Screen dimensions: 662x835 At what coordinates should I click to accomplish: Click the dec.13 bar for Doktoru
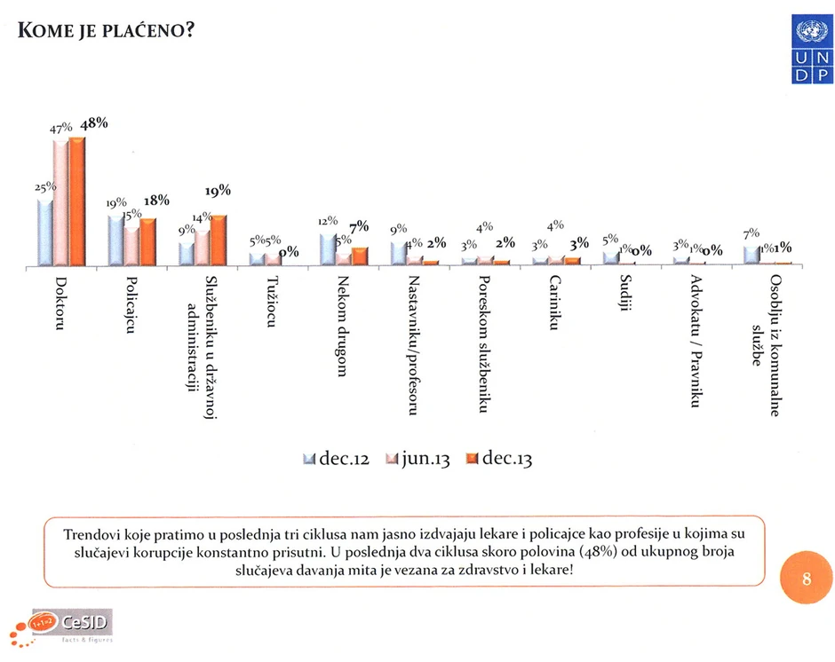pos(77,202)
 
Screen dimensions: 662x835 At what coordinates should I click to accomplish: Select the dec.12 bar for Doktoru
pos(44,232)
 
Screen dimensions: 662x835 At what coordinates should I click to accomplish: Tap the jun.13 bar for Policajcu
pos(131,246)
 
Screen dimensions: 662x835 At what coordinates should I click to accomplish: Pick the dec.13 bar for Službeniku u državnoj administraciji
pos(219,240)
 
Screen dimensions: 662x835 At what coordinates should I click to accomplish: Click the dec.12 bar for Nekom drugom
pos(327,250)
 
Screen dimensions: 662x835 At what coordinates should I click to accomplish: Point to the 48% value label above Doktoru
pos(93,123)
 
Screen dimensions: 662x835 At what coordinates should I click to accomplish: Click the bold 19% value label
pos(218,190)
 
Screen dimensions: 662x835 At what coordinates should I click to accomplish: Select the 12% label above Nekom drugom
pos(328,221)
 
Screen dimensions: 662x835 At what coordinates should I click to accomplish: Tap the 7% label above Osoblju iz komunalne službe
pos(751,233)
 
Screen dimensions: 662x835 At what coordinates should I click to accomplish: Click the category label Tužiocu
pos(273,303)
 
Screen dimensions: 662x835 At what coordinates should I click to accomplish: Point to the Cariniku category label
pos(554,303)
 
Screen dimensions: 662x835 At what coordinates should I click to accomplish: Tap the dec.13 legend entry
pos(497,460)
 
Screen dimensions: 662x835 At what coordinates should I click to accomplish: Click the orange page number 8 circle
pos(806,579)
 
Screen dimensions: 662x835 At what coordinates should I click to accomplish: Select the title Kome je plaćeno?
pos(106,29)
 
